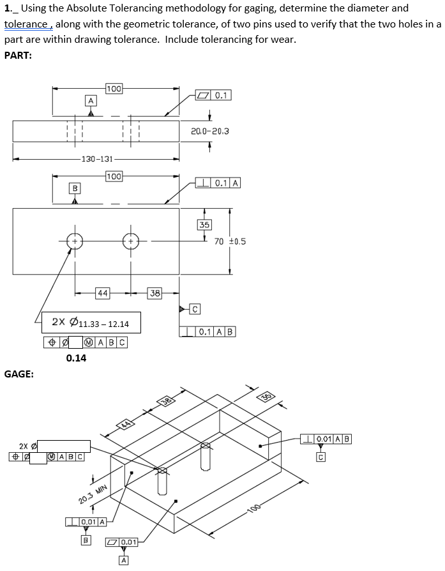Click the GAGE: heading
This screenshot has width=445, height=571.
[x=19, y=374]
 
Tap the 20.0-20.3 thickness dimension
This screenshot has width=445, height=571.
[x=209, y=131]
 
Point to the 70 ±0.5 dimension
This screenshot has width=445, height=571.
[x=230, y=241]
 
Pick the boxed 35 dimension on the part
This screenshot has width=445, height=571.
[x=204, y=224]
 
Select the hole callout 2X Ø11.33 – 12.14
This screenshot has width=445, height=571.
[x=91, y=324]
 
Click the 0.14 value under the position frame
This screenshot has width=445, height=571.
[x=76, y=358]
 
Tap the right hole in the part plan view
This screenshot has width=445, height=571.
[x=131, y=242]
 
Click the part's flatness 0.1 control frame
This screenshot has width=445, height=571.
[x=214, y=96]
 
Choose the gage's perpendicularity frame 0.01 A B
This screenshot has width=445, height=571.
[x=325, y=439]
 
